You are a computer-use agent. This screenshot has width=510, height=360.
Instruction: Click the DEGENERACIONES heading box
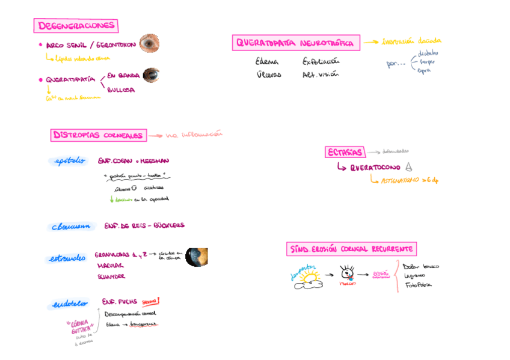76,26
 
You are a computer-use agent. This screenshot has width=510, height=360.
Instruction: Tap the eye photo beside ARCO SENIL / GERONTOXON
149,43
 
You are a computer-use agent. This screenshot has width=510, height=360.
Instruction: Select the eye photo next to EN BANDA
151,75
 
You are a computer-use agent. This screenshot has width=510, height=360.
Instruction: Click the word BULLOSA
121,90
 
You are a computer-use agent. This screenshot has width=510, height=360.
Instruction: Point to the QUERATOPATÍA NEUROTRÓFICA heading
296,43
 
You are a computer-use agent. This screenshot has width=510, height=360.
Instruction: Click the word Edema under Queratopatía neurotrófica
266,61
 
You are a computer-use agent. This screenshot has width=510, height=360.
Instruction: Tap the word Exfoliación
321,61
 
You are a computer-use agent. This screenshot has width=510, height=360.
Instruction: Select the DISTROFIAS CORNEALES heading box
99,135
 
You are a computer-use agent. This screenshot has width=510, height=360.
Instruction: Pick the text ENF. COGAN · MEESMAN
134,161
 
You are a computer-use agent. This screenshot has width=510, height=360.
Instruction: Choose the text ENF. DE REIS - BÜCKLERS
144,226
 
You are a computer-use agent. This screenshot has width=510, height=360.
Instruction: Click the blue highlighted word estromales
67,259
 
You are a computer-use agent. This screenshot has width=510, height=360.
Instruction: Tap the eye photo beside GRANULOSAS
197,257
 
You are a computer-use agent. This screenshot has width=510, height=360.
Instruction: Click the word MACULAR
110,265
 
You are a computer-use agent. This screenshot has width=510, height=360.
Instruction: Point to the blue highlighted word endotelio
69,304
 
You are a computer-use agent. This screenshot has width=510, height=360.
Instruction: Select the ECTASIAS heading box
345,152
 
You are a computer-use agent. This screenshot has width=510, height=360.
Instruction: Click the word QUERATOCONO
375,168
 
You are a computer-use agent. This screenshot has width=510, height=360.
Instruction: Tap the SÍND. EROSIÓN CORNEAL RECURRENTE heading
352,249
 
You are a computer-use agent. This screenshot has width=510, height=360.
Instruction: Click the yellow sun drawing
310,277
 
